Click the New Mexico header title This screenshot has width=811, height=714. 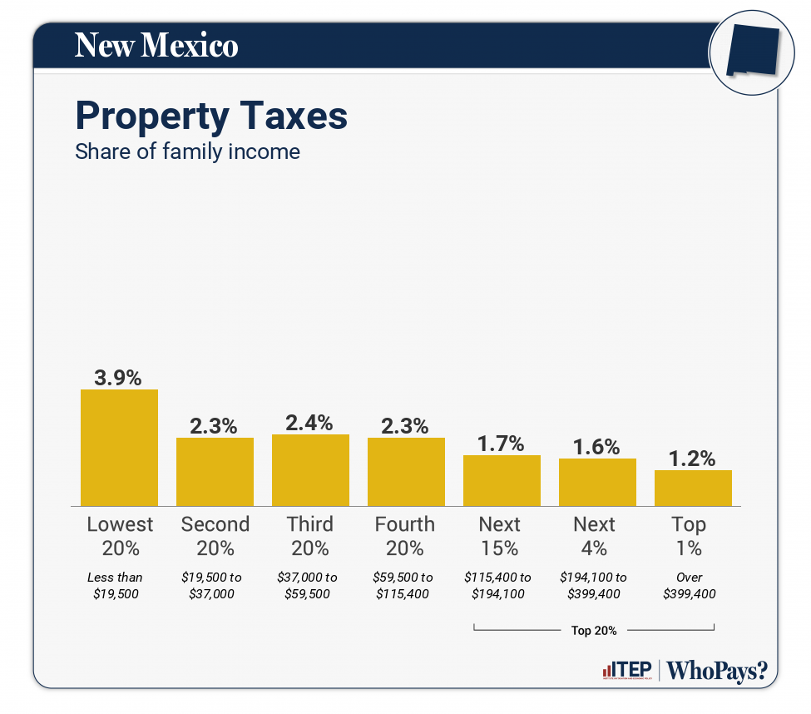pyautogui.click(x=156, y=45)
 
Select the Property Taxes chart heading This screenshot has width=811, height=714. pyautogui.click(x=211, y=116)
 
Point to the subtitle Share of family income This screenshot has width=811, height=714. pyautogui.click(x=187, y=152)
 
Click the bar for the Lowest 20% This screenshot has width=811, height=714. pyautogui.click(x=119, y=448)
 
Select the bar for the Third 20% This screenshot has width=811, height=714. pyautogui.click(x=310, y=470)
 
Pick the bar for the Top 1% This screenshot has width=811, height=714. pyautogui.click(x=693, y=488)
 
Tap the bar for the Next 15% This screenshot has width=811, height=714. pyautogui.click(x=502, y=480)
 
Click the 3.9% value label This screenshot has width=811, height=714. pyautogui.click(x=119, y=377)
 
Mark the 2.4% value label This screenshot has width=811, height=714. pyautogui.click(x=310, y=423)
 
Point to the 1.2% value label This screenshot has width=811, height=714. pyautogui.click(x=693, y=459)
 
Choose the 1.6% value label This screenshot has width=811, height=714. pyautogui.click(x=597, y=447)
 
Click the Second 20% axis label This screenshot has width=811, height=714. pyautogui.click(x=215, y=536)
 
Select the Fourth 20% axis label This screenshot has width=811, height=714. pyautogui.click(x=405, y=536)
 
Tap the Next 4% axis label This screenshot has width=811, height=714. pyautogui.click(x=595, y=536)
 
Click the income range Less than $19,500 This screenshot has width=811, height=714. pyautogui.click(x=116, y=585)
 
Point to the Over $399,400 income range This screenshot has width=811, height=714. pyautogui.click(x=690, y=585)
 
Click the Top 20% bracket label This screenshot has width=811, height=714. pyautogui.click(x=594, y=630)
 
